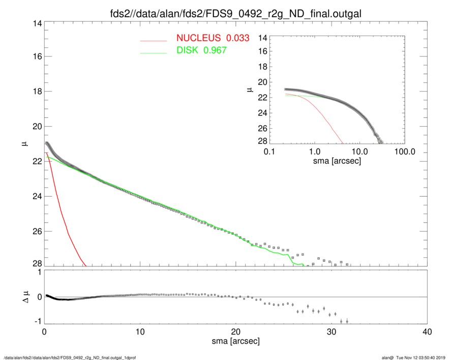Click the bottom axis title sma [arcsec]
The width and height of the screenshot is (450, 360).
tap(236, 341)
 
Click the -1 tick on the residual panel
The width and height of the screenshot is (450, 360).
tap(36, 322)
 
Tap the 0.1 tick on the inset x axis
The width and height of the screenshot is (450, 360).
tap(269, 152)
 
